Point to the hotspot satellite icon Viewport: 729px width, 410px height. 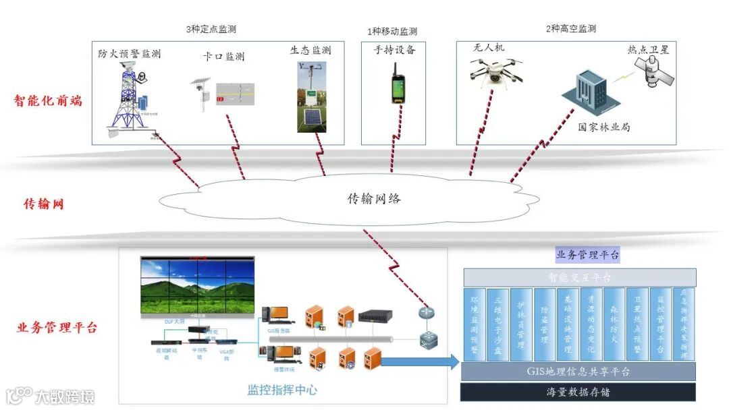pos(652,71)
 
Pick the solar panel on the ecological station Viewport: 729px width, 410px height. pos(310,117)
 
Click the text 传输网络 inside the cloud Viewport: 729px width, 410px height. pos(374,199)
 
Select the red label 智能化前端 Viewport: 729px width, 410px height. pos(48,101)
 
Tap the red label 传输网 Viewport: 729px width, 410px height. pos(44,204)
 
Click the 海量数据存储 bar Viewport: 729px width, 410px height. pos(579,392)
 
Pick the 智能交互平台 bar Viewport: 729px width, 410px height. pos(579,277)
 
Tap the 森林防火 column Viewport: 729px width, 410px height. pos(614,324)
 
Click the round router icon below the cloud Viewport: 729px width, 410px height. pos(425,313)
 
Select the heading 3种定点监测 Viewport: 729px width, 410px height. pos(211,30)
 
